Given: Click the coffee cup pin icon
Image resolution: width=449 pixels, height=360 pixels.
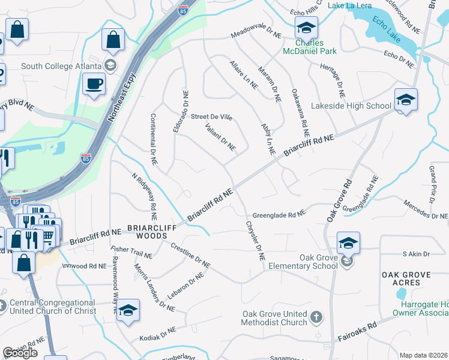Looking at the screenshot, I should [x=93, y=83].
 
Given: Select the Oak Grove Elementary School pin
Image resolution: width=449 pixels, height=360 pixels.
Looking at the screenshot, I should [x=348, y=243].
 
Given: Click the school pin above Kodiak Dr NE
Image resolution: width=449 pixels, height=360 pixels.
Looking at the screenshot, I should [x=127, y=310].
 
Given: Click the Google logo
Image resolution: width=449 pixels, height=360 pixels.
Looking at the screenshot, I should [x=20, y=352].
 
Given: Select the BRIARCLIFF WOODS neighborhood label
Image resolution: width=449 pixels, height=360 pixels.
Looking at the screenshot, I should [x=146, y=232].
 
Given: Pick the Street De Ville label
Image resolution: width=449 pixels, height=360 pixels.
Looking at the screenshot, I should [x=211, y=116].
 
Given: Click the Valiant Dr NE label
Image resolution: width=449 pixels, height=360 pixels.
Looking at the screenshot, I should [x=220, y=137].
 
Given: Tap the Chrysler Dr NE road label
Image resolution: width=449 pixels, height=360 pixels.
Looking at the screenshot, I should [x=255, y=240].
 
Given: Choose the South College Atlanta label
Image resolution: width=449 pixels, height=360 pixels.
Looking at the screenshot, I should [x=62, y=65].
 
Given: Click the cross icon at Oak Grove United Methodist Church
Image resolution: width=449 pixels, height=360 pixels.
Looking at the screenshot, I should [x=316, y=317].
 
